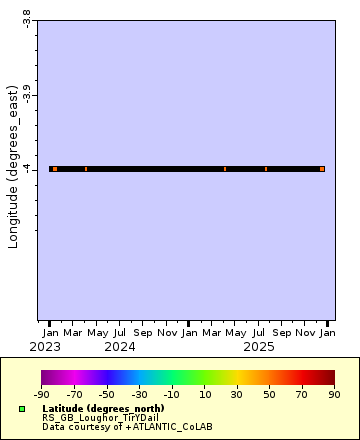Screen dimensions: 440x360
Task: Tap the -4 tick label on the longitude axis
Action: pos(27,169)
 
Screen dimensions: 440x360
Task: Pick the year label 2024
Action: pos(120,346)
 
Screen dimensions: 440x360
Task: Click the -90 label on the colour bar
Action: pos(42,395)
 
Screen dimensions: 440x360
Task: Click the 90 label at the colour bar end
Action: pos(335,395)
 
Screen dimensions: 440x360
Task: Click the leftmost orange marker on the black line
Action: pos(55,169)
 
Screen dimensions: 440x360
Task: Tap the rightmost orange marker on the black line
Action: pos(322,169)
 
